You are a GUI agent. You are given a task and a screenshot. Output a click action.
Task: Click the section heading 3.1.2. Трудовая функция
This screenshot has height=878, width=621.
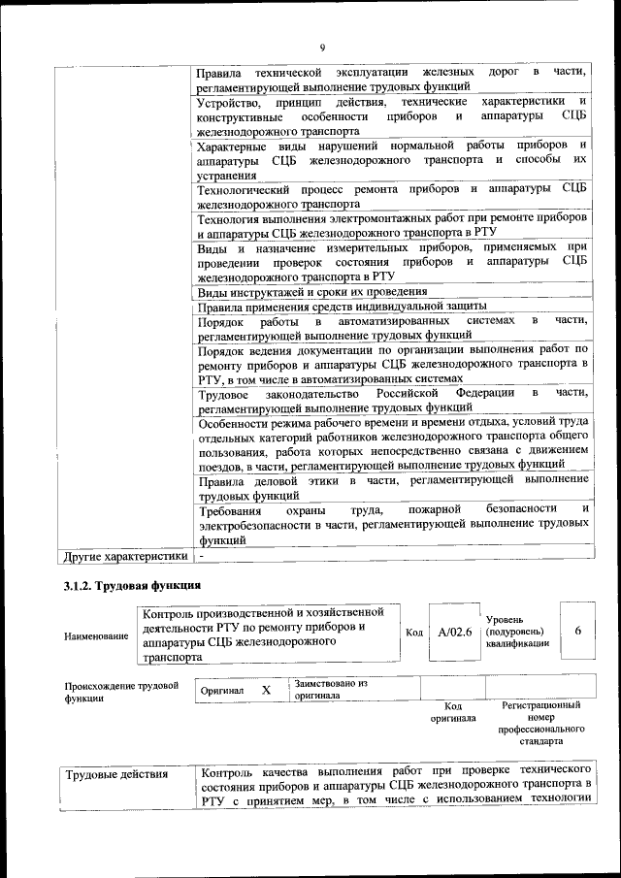pyautogui.click(x=132, y=586)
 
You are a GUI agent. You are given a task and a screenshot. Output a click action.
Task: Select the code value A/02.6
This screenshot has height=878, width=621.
pyautogui.click(x=454, y=632)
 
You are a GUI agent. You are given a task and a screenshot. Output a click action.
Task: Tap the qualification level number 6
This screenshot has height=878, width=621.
pyautogui.click(x=578, y=631)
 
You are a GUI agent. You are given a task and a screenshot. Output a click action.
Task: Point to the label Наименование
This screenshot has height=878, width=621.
pyautogui.click(x=96, y=636)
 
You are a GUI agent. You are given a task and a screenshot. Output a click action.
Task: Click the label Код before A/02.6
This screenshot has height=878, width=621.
pyautogui.click(x=414, y=633)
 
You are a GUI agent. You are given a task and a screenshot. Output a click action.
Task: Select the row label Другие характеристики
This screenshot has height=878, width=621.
pyautogui.click(x=124, y=557)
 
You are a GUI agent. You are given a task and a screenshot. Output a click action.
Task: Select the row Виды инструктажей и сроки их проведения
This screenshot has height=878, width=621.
pyautogui.click(x=311, y=292)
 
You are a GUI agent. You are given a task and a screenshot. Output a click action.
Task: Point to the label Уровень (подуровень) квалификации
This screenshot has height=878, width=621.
pyautogui.click(x=518, y=631)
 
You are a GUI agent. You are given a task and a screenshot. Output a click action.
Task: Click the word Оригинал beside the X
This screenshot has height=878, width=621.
pyautogui.click(x=222, y=690)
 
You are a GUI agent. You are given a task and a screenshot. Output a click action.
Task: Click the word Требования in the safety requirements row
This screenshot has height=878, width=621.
pyautogui.click(x=230, y=509)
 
